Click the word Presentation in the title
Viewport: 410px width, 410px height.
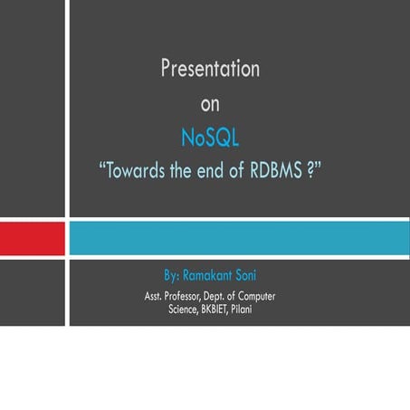coord(210,69)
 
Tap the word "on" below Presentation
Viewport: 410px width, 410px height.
coord(210,104)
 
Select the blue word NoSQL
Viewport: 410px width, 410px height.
coord(210,138)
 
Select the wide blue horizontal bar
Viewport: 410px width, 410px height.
coord(239,238)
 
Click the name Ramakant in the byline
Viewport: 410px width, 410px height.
coord(210,273)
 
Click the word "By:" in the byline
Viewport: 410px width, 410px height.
coord(171,273)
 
